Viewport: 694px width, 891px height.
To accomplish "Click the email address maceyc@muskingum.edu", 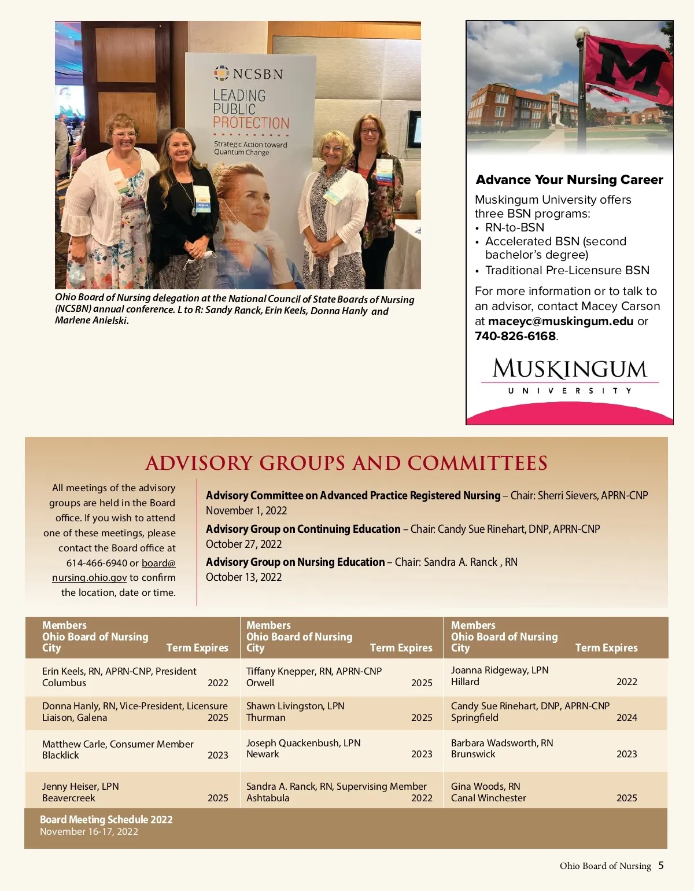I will click(x=560, y=321).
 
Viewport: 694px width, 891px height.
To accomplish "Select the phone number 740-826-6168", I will click(x=515, y=336).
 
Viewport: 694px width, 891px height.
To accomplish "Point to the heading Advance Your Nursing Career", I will click(x=569, y=180).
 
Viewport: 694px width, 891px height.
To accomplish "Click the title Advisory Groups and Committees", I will click(x=346, y=463).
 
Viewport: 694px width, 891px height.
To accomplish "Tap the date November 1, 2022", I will click(x=246, y=511).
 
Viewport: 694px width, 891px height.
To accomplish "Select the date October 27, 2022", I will click(x=243, y=544).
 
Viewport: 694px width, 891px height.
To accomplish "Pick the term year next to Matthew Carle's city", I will click(x=218, y=755).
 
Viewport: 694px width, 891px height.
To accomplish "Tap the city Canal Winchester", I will click(x=489, y=798).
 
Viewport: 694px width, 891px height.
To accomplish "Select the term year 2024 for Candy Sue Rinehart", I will click(x=626, y=717).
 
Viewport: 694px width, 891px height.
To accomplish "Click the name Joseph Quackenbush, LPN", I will click(x=303, y=743).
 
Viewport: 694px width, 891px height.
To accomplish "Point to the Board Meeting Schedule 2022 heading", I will click(x=106, y=820).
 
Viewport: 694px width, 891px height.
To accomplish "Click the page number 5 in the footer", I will click(x=661, y=866).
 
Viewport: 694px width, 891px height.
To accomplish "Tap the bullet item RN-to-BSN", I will click(x=515, y=227).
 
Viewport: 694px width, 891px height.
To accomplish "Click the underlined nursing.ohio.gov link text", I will click(x=89, y=577).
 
